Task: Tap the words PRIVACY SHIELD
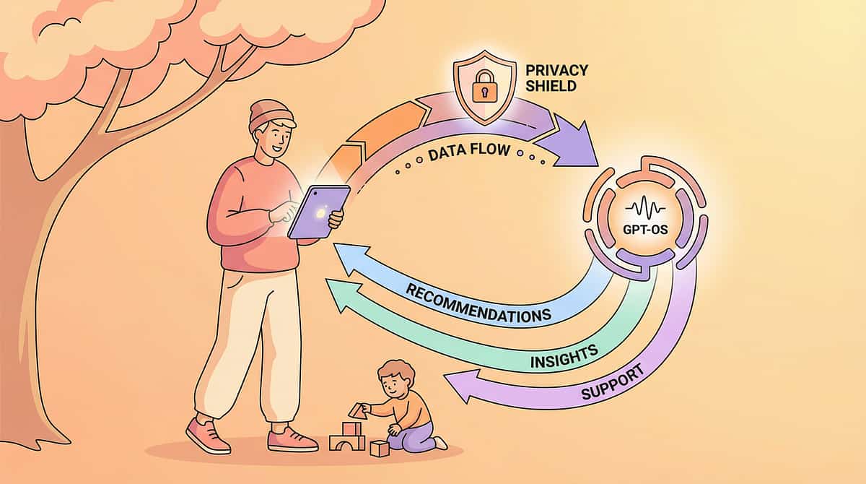click(x=556, y=77)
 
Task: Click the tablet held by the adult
click(x=318, y=211)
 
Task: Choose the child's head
click(x=396, y=380)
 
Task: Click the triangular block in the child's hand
click(x=357, y=410)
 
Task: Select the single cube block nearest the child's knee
click(x=379, y=448)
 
